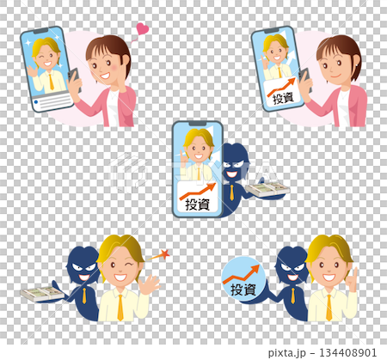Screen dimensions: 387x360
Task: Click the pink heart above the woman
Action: (x=143, y=29)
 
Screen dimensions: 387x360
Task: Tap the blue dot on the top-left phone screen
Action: (x=36, y=102)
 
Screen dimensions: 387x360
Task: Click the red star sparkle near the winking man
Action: (x=165, y=254)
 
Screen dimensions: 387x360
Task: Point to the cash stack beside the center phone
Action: (x=267, y=190)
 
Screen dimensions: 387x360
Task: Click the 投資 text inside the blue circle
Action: (x=243, y=290)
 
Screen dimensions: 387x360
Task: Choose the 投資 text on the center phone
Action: (x=197, y=204)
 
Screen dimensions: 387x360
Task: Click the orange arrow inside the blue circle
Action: (x=242, y=275)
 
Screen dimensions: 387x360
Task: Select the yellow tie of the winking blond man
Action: (x=120, y=307)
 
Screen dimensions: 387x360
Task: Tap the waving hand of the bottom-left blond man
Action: (x=149, y=284)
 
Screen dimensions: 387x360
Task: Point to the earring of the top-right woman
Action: (x=357, y=65)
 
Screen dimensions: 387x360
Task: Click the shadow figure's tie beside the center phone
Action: (x=231, y=192)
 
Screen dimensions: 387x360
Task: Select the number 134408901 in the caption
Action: (x=347, y=352)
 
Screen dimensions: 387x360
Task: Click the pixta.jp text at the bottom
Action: (x=287, y=353)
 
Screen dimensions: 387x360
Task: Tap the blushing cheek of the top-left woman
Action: (x=115, y=67)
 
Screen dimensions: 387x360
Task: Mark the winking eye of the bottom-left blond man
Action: (x=131, y=264)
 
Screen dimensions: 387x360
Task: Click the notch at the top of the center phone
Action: (x=197, y=124)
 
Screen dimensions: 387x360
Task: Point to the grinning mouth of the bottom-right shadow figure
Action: (x=292, y=278)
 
